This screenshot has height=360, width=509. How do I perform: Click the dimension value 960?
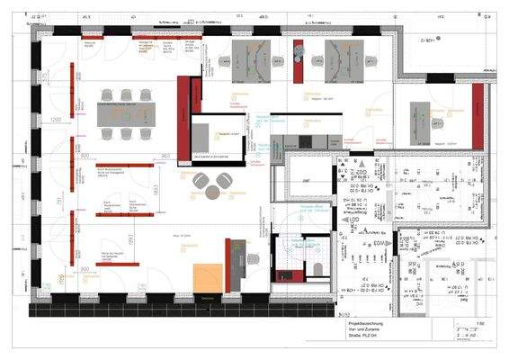point(165,156)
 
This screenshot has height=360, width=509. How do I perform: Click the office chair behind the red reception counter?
point(254,259)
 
